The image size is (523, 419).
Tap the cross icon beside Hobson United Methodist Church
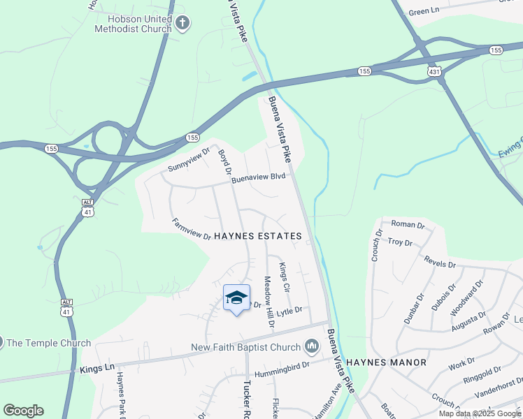click(182, 24)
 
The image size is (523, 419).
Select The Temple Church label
click(50, 343)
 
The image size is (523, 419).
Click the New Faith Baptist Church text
click(245, 347)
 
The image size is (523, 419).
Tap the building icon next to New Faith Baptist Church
click(312, 346)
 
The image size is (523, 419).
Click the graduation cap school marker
click(236, 297)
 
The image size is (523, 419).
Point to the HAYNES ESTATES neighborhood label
click(258, 237)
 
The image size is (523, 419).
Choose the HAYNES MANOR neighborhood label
click(386, 362)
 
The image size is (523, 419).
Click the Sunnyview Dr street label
click(189, 160)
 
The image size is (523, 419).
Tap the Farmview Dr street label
click(192, 229)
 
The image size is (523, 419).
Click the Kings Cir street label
click(284, 277)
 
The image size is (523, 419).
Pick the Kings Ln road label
click(97, 368)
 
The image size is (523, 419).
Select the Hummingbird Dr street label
click(281, 374)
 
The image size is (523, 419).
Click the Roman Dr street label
click(408, 225)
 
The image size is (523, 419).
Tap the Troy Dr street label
click(400, 242)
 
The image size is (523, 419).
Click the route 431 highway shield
click(434, 72)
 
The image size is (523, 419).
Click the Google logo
click(23, 411)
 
